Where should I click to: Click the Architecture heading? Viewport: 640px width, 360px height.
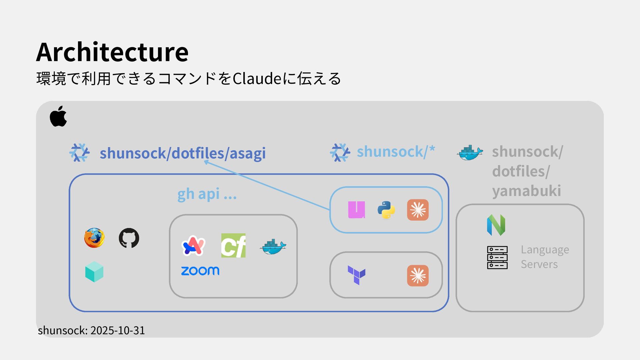[112, 52]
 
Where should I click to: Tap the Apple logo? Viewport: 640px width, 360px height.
[58, 116]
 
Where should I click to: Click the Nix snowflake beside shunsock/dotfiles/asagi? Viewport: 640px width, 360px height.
[79, 153]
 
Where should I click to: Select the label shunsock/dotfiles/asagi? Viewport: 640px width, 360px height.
[183, 153]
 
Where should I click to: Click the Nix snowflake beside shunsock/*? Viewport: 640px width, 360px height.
[340, 153]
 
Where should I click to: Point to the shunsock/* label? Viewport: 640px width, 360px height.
[396, 152]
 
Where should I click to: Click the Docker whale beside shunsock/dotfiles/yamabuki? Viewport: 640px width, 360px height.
[469, 153]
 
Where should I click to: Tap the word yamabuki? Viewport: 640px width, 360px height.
[526, 191]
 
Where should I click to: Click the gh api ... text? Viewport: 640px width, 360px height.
[207, 194]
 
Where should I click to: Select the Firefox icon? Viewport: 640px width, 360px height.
[94, 238]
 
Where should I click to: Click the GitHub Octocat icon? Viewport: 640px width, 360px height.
[129, 238]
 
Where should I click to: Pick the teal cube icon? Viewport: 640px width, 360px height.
[94, 272]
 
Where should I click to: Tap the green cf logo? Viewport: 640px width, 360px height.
[233, 246]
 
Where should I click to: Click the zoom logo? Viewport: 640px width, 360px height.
[200, 271]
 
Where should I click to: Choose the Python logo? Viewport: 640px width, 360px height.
[386, 210]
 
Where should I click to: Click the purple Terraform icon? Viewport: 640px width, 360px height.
[356, 275]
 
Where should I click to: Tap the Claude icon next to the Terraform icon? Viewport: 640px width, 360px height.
[418, 276]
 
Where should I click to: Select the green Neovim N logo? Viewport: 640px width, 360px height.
[496, 225]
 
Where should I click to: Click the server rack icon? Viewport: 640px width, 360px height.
[497, 257]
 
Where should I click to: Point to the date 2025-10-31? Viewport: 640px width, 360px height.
[118, 330]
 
